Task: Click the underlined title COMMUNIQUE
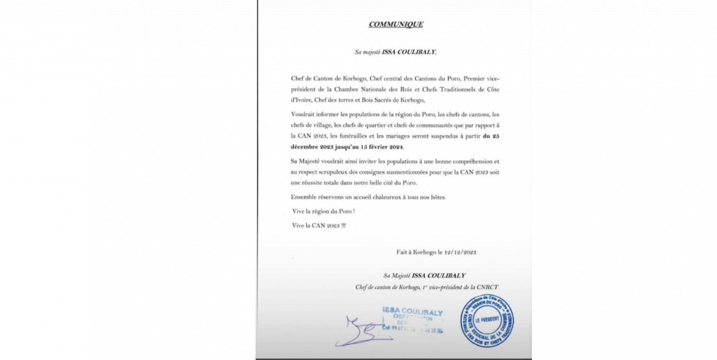click(x=396, y=24)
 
